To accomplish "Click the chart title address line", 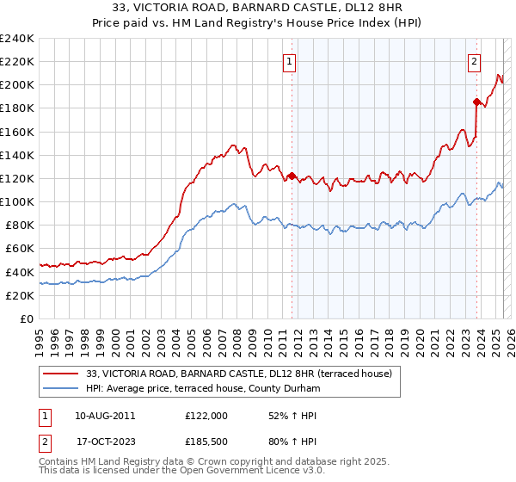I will click(257, 7).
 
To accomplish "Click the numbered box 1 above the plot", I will click(292, 61).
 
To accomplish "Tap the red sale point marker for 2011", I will click(292, 176).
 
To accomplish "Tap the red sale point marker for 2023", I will click(476, 102).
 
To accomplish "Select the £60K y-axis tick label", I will click(20, 249).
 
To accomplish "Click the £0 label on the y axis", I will click(26, 318).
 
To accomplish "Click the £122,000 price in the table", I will click(206, 416).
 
